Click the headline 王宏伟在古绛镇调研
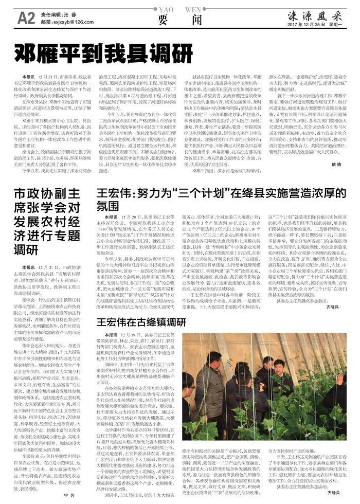tap(141, 322)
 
